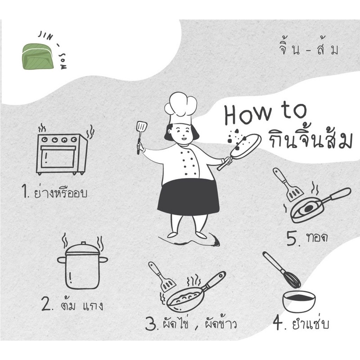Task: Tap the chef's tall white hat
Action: click(x=181, y=108)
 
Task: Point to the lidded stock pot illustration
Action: click(x=82, y=264)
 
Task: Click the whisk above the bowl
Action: click(x=282, y=269)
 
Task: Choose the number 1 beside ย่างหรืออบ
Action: click(x=25, y=191)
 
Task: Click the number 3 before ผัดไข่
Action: click(x=152, y=324)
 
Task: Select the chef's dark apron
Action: click(x=188, y=197)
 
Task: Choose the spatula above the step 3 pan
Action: click(x=162, y=277)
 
